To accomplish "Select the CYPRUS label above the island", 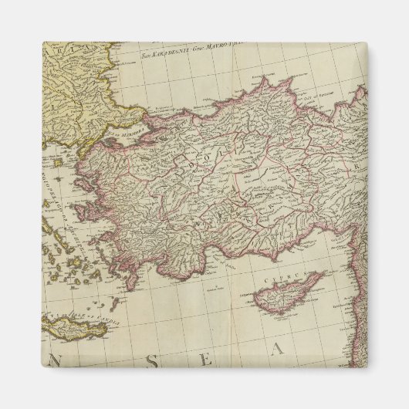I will point(275,272).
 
